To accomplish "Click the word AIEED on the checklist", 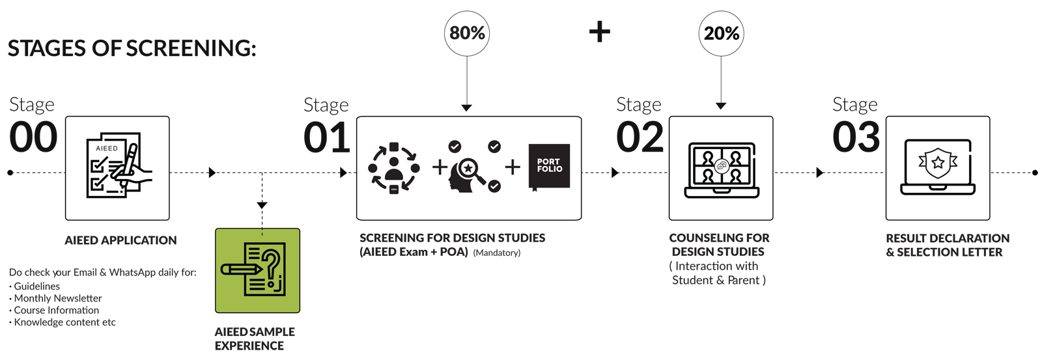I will [x=107, y=148].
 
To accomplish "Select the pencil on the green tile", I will [x=237, y=269].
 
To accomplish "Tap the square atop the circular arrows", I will [x=393, y=147].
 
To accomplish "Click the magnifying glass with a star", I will [x=469, y=169].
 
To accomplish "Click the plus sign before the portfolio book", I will [x=513, y=167].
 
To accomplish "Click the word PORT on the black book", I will [x=548, y=161].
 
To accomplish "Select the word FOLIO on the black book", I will [x=550, y=169].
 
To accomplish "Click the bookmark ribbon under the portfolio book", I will [x=535, y=189].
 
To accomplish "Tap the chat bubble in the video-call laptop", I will [x=721, y=166].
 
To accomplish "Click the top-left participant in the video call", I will [x=707, y=157].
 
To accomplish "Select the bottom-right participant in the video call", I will [x=735, y=175].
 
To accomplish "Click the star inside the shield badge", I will [x=938, y=163].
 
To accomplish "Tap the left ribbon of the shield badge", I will [x=922, y=163].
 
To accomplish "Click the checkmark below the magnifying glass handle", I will [x=494, y=187].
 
